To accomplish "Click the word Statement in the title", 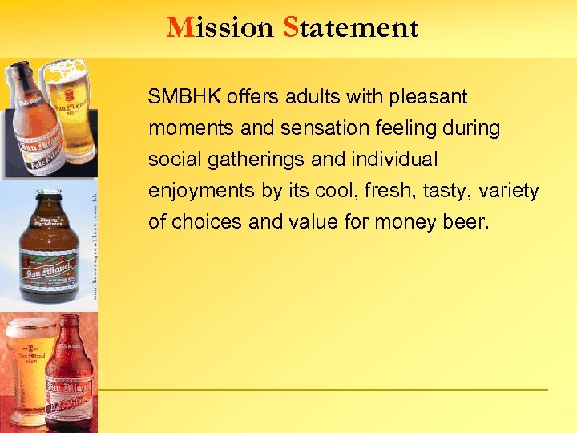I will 350,28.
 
